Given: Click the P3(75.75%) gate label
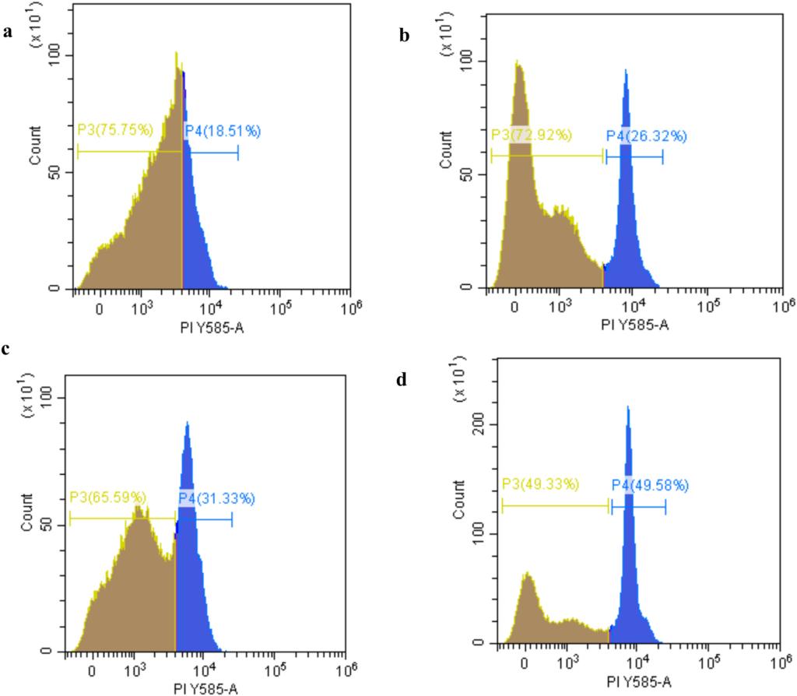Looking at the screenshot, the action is [115, 130].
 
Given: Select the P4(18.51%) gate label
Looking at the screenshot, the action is [223, 132].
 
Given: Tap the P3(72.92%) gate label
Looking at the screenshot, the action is [531, 135].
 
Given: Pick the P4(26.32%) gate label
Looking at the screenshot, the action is [647, 136].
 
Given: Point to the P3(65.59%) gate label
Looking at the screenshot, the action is [108, 497].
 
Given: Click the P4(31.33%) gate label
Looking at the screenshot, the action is [216, 499].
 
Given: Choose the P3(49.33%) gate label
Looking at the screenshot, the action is [540, 484].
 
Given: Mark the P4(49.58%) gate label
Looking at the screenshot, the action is [650, 486].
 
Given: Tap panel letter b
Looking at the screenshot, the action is [404, 35].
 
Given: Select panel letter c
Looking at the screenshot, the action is [5, 350].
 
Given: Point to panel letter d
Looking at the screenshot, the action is [402, 379].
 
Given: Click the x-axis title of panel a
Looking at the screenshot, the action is [212, 328].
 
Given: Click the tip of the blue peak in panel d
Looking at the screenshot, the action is [628, 406].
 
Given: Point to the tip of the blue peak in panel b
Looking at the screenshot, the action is [627, 69].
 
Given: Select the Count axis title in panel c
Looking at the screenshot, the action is [27, 512].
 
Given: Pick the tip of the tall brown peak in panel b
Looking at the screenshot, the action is [517, 61].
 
